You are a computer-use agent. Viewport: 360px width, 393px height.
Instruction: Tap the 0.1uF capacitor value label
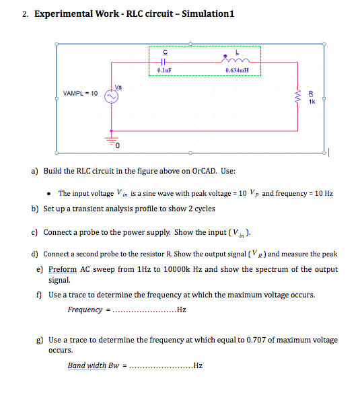[x=165, y=69]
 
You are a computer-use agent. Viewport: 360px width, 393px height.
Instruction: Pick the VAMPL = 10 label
[x=80, y=94]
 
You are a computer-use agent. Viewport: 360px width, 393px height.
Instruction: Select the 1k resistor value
[x=312, y=102]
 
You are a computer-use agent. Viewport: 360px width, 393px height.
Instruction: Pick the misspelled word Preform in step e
[x=62, y=269]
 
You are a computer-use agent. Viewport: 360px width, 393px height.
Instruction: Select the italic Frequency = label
[x=87, y=310]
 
